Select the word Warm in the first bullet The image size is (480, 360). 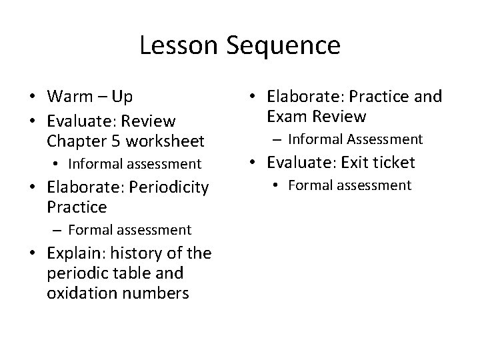(71, 97)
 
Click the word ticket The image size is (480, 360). (393, 162)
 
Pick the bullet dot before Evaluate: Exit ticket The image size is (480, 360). (254, 163)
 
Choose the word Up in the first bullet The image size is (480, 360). (123, 97)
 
